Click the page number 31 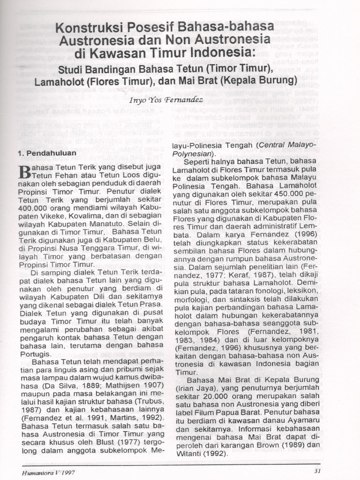click(x=317, y=472)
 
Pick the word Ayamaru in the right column click(x=301, y=420)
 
